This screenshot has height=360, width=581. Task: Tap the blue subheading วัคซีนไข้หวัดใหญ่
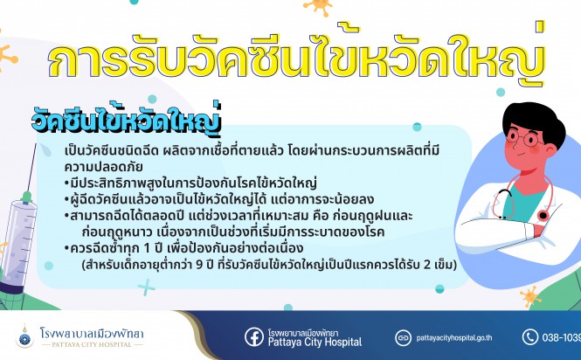click(x=127, y=119)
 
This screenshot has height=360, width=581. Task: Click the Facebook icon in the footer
click(x=254, y=337)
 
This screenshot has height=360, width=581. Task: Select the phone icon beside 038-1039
click(x=530, y=337)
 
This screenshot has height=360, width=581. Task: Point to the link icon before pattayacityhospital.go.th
click(x=403, y=337)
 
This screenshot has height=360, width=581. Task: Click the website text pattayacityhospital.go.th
click(x=454, y=338)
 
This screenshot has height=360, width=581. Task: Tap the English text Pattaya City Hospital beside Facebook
click(x=315, y=342)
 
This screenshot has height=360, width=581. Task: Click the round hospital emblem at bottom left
click(x=24, y=337)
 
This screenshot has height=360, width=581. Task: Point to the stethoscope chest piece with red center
click(x=543, y=215)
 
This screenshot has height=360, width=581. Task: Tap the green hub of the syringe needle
click(x=26, y=197)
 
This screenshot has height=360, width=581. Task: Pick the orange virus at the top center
click(x=318, y=6)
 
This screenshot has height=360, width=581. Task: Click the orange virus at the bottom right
click(x=530, y=296)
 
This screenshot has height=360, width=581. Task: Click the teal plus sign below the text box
click(x=147, y=287)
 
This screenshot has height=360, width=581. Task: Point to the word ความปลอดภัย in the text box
click(x=103, y=167)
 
